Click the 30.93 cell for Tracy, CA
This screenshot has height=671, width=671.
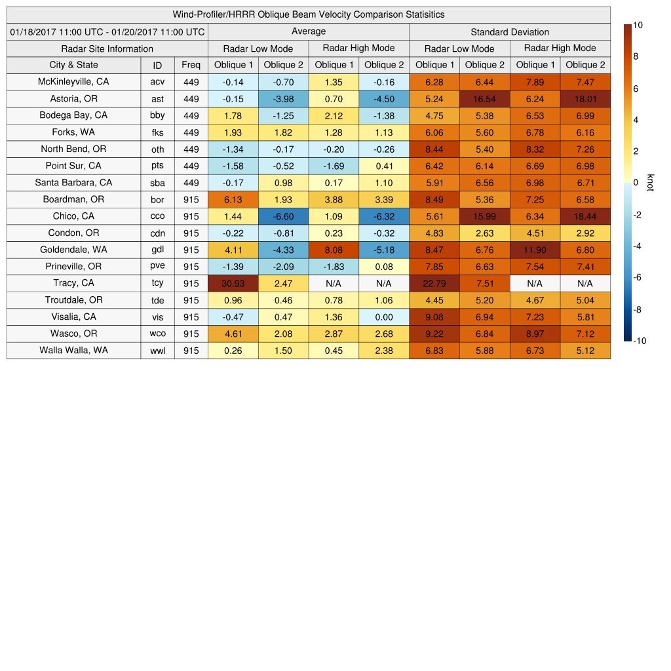(x=233, y=283)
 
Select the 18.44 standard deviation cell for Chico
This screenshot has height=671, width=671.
(x=585, y=216)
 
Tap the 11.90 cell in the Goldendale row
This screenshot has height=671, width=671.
(x=535, y=250)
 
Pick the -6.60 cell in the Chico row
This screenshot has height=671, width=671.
(x=283, y=216)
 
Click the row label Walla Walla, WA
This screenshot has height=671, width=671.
(x=73, y=350)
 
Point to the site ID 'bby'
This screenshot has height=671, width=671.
(x=157, y=115)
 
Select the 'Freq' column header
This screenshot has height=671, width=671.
(x=191, y=65)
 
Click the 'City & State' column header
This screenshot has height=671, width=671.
(x=73, y=65)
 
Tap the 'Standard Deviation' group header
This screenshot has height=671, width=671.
(x=510, y=31)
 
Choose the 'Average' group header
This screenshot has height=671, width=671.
(x=308, y=31)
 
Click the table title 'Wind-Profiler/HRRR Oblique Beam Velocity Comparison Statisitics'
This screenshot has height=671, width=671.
(x=308, y=14)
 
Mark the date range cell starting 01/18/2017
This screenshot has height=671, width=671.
(x=107, y=31)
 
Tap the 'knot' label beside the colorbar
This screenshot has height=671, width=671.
(x=650, y=182)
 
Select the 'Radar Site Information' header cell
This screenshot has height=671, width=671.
(x=107, y=48)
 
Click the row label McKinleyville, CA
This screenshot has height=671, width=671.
(x=73, y=82)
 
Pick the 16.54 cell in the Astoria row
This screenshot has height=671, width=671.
(x=484, y=99)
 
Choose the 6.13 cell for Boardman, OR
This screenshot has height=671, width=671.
(x=233, y=199)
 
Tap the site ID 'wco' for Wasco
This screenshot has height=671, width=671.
(x=157, y=334)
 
